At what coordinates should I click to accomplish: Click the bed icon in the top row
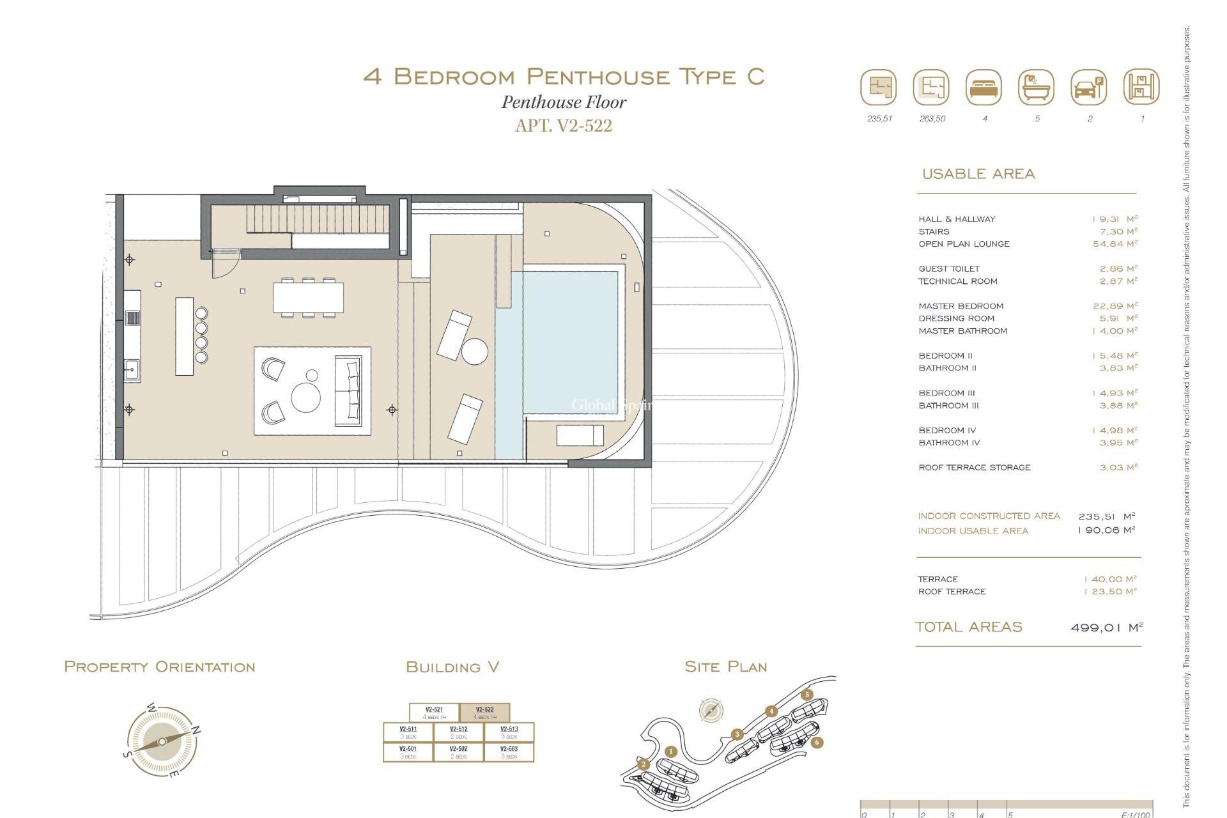click(984, 88)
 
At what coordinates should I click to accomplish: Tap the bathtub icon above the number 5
click(1036, 88)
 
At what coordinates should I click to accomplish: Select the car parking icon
click(1088, 88)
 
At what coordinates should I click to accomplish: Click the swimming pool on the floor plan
click(562, 345)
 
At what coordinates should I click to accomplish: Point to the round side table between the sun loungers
click(475, 351)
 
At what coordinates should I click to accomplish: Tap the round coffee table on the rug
click(306, 397)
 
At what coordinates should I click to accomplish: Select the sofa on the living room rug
click(349, 391)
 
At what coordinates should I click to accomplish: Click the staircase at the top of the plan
click(318, 219)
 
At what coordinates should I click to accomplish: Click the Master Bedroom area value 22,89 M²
click(1115, 306)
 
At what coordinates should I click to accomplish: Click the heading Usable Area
click(978, 174)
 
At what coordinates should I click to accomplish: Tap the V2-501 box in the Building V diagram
click(408, 752)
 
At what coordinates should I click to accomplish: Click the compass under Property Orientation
click(162, 741)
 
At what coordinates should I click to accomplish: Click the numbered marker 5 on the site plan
click(807, 695)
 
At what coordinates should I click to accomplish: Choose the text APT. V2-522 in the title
click(563, 125)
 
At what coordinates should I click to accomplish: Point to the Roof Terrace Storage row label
click(974, 468)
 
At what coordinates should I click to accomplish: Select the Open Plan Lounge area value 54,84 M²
click(1115, 244)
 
